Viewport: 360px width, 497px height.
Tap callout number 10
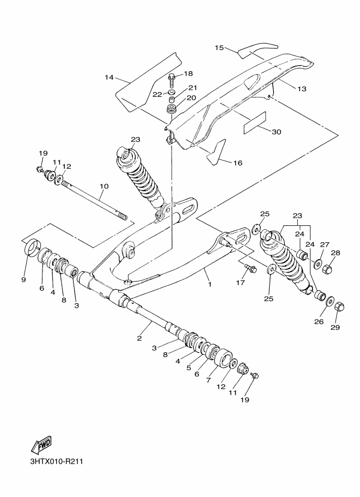(x=104, y=186)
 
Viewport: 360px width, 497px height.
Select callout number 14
(x=109, y=78)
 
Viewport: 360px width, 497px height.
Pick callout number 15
(x=219, y=48)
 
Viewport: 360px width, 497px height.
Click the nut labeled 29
(x=338, y=307)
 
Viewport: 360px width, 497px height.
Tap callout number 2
(x=139, y=339)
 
